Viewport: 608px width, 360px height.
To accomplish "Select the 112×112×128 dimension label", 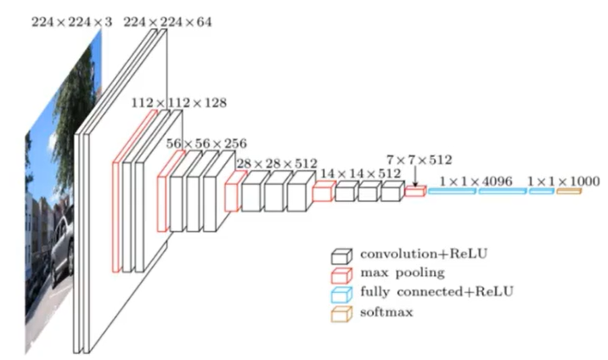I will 179,103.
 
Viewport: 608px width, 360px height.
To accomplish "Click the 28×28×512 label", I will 272,162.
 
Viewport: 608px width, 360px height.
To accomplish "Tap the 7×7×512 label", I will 419,159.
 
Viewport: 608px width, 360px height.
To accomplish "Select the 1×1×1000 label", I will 563,181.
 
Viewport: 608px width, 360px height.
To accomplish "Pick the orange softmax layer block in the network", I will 569,192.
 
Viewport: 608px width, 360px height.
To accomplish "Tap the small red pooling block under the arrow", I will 414,192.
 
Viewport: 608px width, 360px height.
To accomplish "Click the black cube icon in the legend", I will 341,256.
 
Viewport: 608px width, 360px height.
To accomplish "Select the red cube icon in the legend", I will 341,273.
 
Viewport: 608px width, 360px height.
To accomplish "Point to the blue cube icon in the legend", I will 341,292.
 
